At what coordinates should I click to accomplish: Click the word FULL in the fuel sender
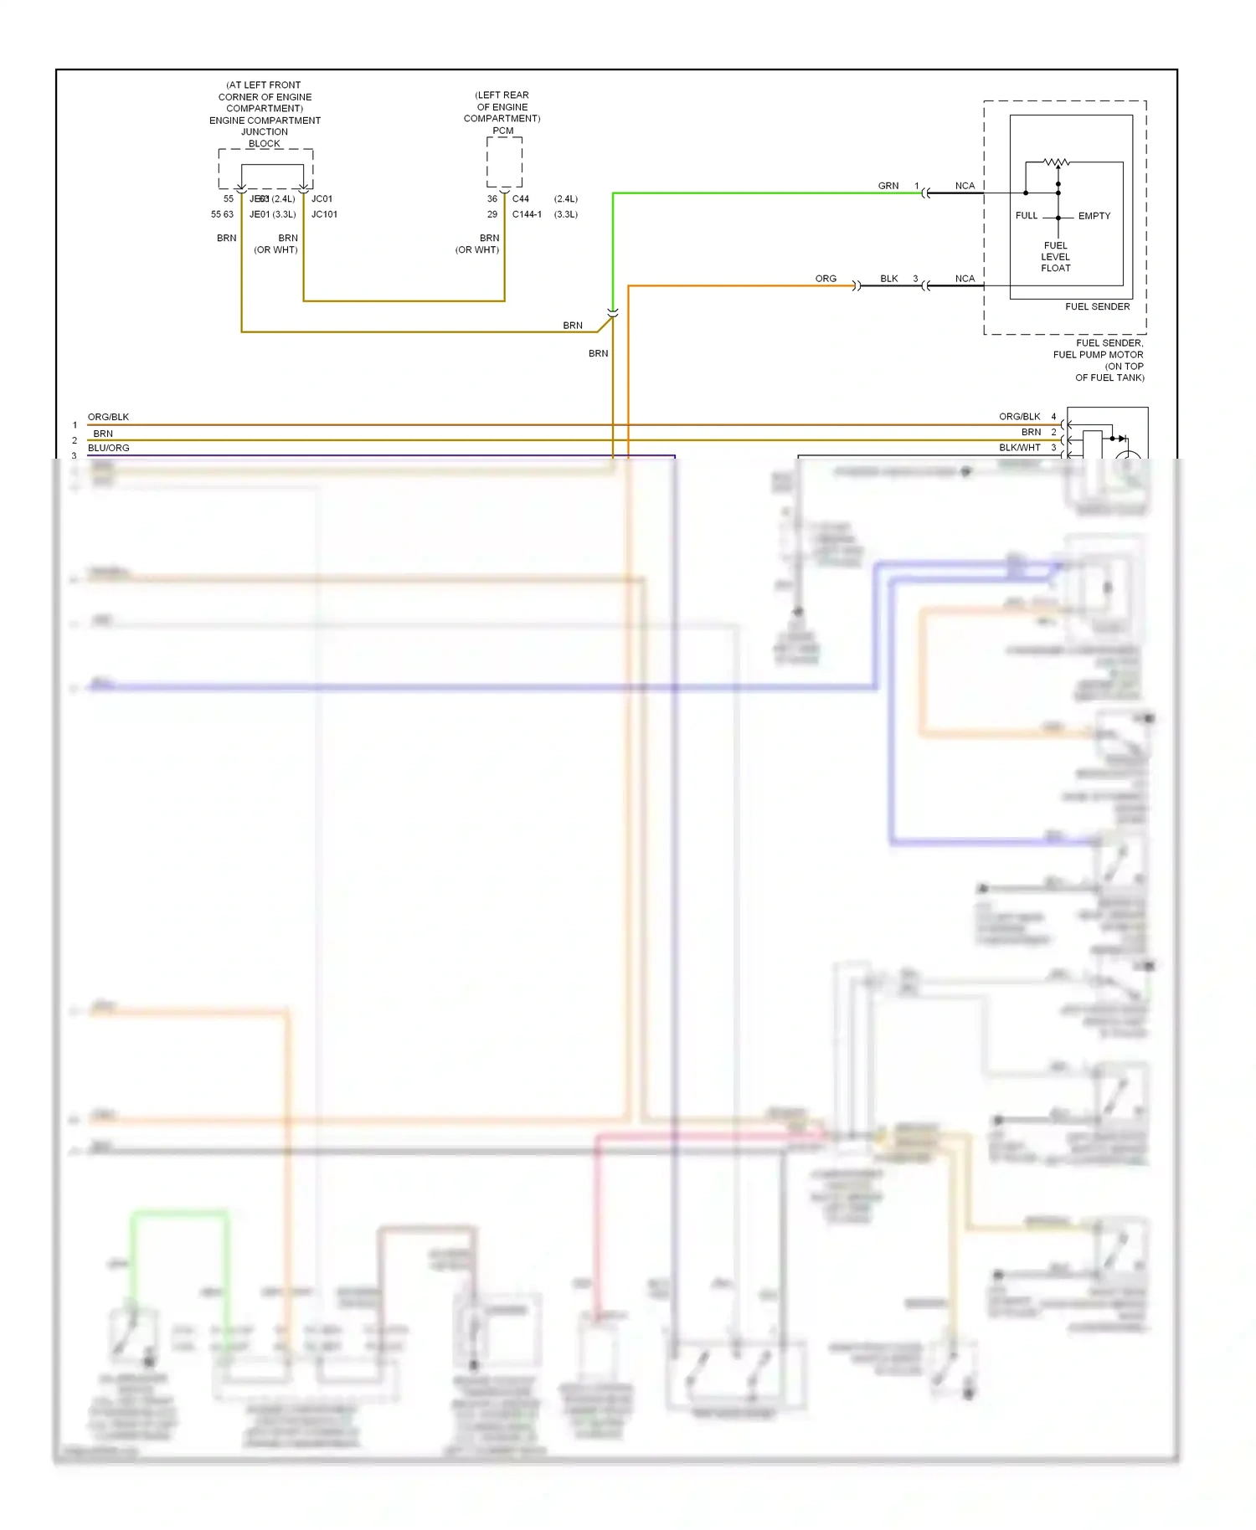[x=1026, y=216]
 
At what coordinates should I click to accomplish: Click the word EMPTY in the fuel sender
[x=1094, y=216]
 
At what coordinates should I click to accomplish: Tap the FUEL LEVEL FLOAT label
[x=1055, y=257]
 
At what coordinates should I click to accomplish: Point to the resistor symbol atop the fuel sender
[x=1056, y=162]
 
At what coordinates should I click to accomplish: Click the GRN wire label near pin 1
[x=888, y=186]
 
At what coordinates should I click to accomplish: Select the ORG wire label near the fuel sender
[x=826, y=279]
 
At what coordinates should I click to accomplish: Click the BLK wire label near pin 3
[x=888, y=279]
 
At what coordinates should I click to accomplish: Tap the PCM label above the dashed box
[x=502, y=131]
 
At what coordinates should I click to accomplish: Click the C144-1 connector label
[x=527, y=214]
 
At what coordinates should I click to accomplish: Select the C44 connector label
[x=520, y=199]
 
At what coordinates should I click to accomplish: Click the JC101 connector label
[x=324, y=214]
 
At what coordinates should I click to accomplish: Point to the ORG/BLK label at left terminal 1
[x=108, y=417]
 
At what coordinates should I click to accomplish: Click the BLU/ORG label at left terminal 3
[x=108, y=448]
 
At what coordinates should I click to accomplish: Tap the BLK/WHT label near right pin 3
[x=1019, y=448]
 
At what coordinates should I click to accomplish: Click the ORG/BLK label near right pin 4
[x=1019, y=417]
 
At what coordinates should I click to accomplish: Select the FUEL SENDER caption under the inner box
[x=1097, y=306]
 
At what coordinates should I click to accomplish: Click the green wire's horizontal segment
[x=754, y=193]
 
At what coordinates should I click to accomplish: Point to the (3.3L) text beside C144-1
[x=566, y=214]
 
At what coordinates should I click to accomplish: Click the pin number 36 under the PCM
[x=492, y=199]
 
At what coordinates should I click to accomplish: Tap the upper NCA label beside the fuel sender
[x=965, y=186]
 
